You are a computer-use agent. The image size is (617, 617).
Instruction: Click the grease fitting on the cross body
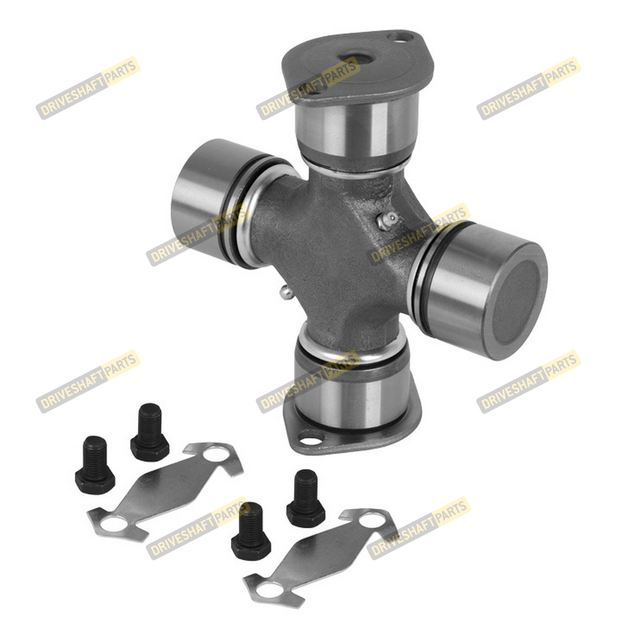tap(387, 221)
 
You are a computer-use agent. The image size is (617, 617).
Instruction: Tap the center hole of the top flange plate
tap(358, 60)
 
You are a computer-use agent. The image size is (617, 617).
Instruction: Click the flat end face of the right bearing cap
tap(516, 302)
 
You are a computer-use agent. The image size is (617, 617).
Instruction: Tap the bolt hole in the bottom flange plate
tap(312, 438)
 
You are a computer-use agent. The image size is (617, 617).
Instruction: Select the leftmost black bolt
tap(95, 465)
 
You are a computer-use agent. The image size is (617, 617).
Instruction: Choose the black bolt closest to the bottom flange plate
tap(150, 432)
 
